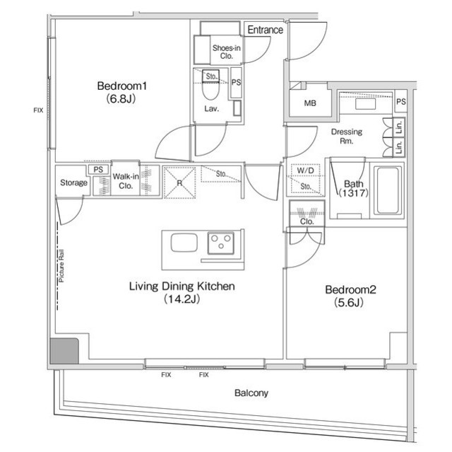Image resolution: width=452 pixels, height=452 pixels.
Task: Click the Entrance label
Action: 266,30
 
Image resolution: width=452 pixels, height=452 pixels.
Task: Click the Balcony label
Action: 251,393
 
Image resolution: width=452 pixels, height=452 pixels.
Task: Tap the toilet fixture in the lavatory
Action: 210,91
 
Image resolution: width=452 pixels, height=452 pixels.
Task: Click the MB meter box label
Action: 309,104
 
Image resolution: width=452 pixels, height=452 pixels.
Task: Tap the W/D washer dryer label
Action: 305,170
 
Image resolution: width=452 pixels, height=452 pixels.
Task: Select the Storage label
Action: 73,183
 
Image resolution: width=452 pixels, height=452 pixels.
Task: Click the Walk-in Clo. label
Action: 125,182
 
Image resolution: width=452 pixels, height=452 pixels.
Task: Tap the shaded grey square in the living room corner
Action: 64,349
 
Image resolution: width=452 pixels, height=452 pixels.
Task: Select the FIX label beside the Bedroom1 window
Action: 38,110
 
